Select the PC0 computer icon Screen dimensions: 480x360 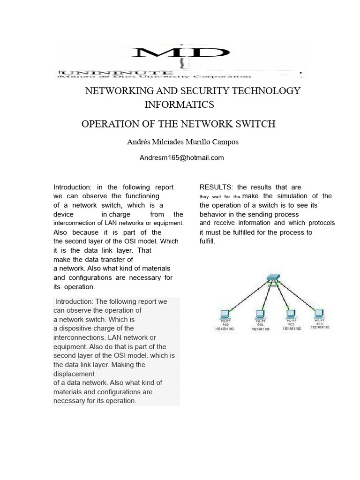click(224, 315)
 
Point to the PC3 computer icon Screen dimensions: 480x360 click(320, 313)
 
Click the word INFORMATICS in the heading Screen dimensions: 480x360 click(180, 104)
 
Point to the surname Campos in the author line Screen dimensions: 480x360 click(225, 142)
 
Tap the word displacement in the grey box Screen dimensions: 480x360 click(74, 374)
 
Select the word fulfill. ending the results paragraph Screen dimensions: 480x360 click(207, 241)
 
